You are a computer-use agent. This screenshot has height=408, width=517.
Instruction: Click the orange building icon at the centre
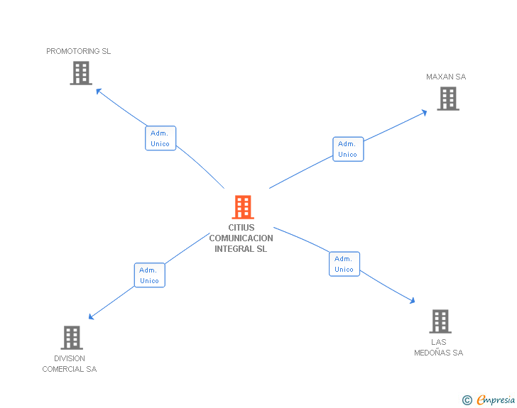pos(243,207)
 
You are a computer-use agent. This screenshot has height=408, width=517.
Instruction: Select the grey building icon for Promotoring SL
pos(81,73)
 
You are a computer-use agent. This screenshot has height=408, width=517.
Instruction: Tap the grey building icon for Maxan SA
pos(447,99)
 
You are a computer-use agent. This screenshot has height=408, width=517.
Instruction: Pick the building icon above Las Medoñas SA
pos(440,321)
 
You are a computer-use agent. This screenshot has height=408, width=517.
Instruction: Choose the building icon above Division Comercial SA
pos(72,338)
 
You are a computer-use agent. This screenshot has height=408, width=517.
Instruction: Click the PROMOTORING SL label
pos(79,51)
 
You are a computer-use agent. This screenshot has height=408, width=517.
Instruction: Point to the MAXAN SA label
pos(446,77)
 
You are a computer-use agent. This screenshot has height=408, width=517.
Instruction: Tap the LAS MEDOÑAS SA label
pos(439,348)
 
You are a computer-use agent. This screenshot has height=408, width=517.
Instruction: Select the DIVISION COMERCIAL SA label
pos(70,364)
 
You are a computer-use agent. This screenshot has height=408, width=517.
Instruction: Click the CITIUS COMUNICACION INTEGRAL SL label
pos(241,238)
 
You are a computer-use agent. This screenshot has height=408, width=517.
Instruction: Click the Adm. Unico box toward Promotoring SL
pos(160,138)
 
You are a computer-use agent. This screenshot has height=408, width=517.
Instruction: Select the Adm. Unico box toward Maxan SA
pos(348,149)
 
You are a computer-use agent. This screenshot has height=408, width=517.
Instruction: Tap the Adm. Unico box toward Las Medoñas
pos(344,264)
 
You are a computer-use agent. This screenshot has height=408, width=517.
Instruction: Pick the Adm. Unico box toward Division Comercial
pos(150,275)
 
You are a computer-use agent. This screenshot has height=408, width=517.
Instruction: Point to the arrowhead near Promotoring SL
pos(99,90)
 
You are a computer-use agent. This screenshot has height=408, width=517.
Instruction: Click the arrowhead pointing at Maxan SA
pos(424,111)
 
